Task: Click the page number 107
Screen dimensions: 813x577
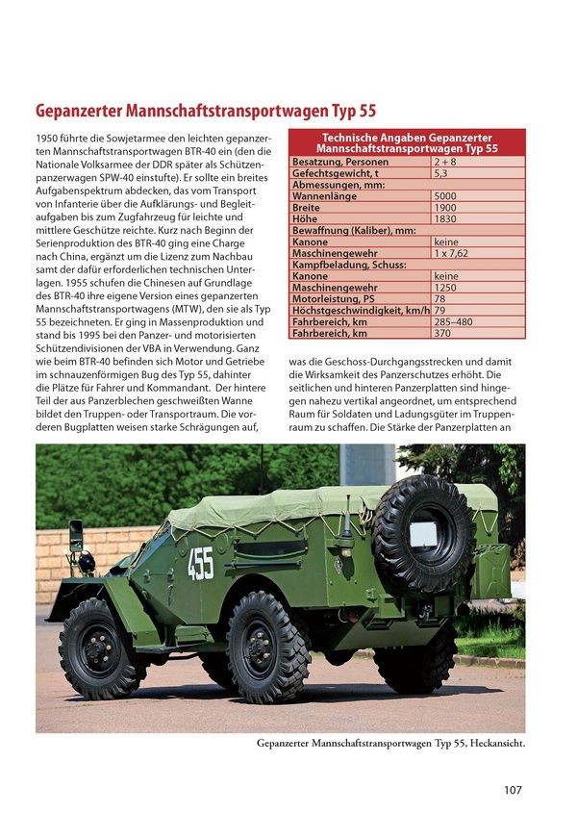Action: point(512,790)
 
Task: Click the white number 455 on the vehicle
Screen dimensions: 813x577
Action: point(200,564)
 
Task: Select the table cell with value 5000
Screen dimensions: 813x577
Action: point(446,196)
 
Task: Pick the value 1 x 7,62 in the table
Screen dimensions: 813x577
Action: point(452,253)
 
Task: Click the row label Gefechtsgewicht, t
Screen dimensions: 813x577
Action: point(336,174)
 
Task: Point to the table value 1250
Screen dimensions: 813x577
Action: point(446,287)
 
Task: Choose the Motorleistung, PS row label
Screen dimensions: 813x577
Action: point(334,298)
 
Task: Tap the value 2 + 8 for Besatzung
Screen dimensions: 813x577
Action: point(445,163)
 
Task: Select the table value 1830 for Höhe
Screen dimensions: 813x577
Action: point(446,219)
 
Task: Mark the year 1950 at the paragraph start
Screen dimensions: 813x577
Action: point(49,140)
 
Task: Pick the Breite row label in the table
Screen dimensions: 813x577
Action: point(307,208)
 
